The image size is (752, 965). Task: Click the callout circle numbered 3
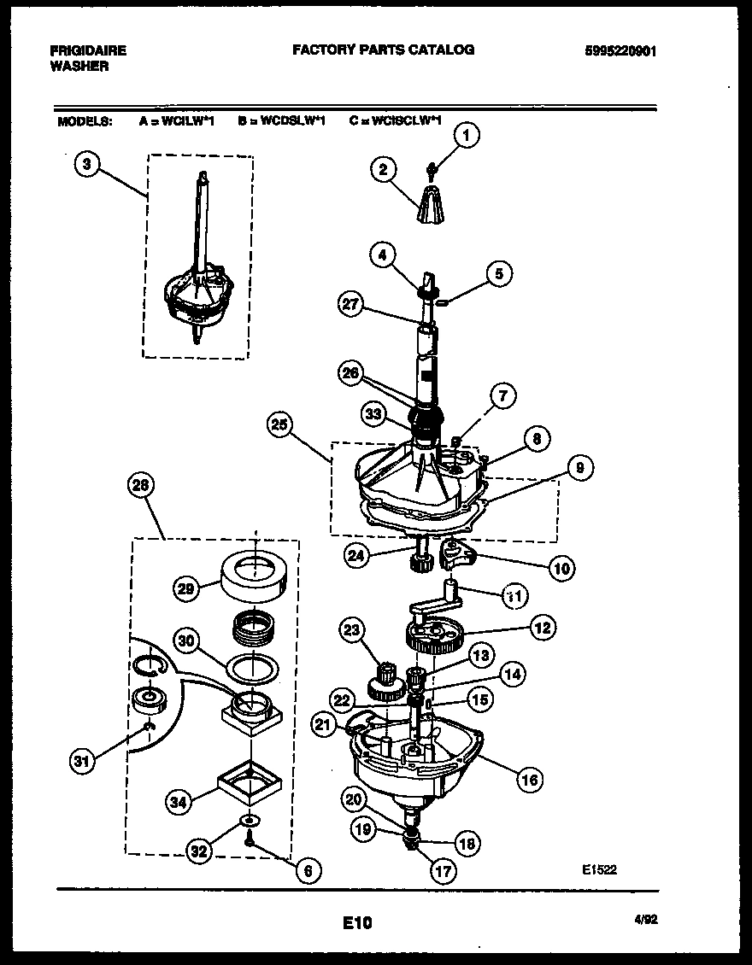(x=86, y=165)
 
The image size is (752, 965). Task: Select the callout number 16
(x=530, y=779)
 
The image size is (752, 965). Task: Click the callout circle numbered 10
(x=561, y=567)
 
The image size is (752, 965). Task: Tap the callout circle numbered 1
(x=465, y=134)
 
